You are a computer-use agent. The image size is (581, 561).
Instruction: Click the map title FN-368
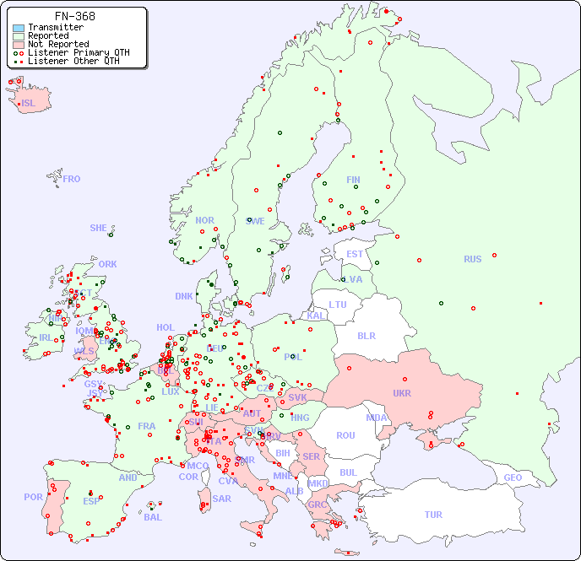74,16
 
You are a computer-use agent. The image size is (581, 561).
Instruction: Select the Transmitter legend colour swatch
19,27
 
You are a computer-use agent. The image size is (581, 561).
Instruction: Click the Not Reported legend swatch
19,44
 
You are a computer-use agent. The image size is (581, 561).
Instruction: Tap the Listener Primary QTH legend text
79,52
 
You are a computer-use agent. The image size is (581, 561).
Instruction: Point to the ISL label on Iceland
29,104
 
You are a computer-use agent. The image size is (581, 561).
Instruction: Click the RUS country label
472,259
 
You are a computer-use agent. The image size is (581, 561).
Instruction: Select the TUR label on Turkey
433,515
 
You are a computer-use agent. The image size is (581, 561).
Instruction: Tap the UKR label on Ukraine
402,393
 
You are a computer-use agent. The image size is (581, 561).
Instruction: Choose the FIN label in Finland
353,180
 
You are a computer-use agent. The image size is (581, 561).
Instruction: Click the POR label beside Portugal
33,497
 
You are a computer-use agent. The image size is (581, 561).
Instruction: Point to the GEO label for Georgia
513,477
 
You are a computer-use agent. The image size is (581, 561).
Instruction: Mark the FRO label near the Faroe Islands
72,179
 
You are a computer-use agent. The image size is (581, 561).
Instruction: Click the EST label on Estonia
355,254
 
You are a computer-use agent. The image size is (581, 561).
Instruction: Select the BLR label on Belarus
367,335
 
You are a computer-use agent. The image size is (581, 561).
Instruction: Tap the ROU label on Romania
345,435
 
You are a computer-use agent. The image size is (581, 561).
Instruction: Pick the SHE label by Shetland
99,228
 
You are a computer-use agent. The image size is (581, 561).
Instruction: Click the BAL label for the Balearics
152,517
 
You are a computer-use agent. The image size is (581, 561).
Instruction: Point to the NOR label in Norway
204,220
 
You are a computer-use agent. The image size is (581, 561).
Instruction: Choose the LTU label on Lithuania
338,305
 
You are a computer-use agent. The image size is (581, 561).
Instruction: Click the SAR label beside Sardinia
221,499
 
